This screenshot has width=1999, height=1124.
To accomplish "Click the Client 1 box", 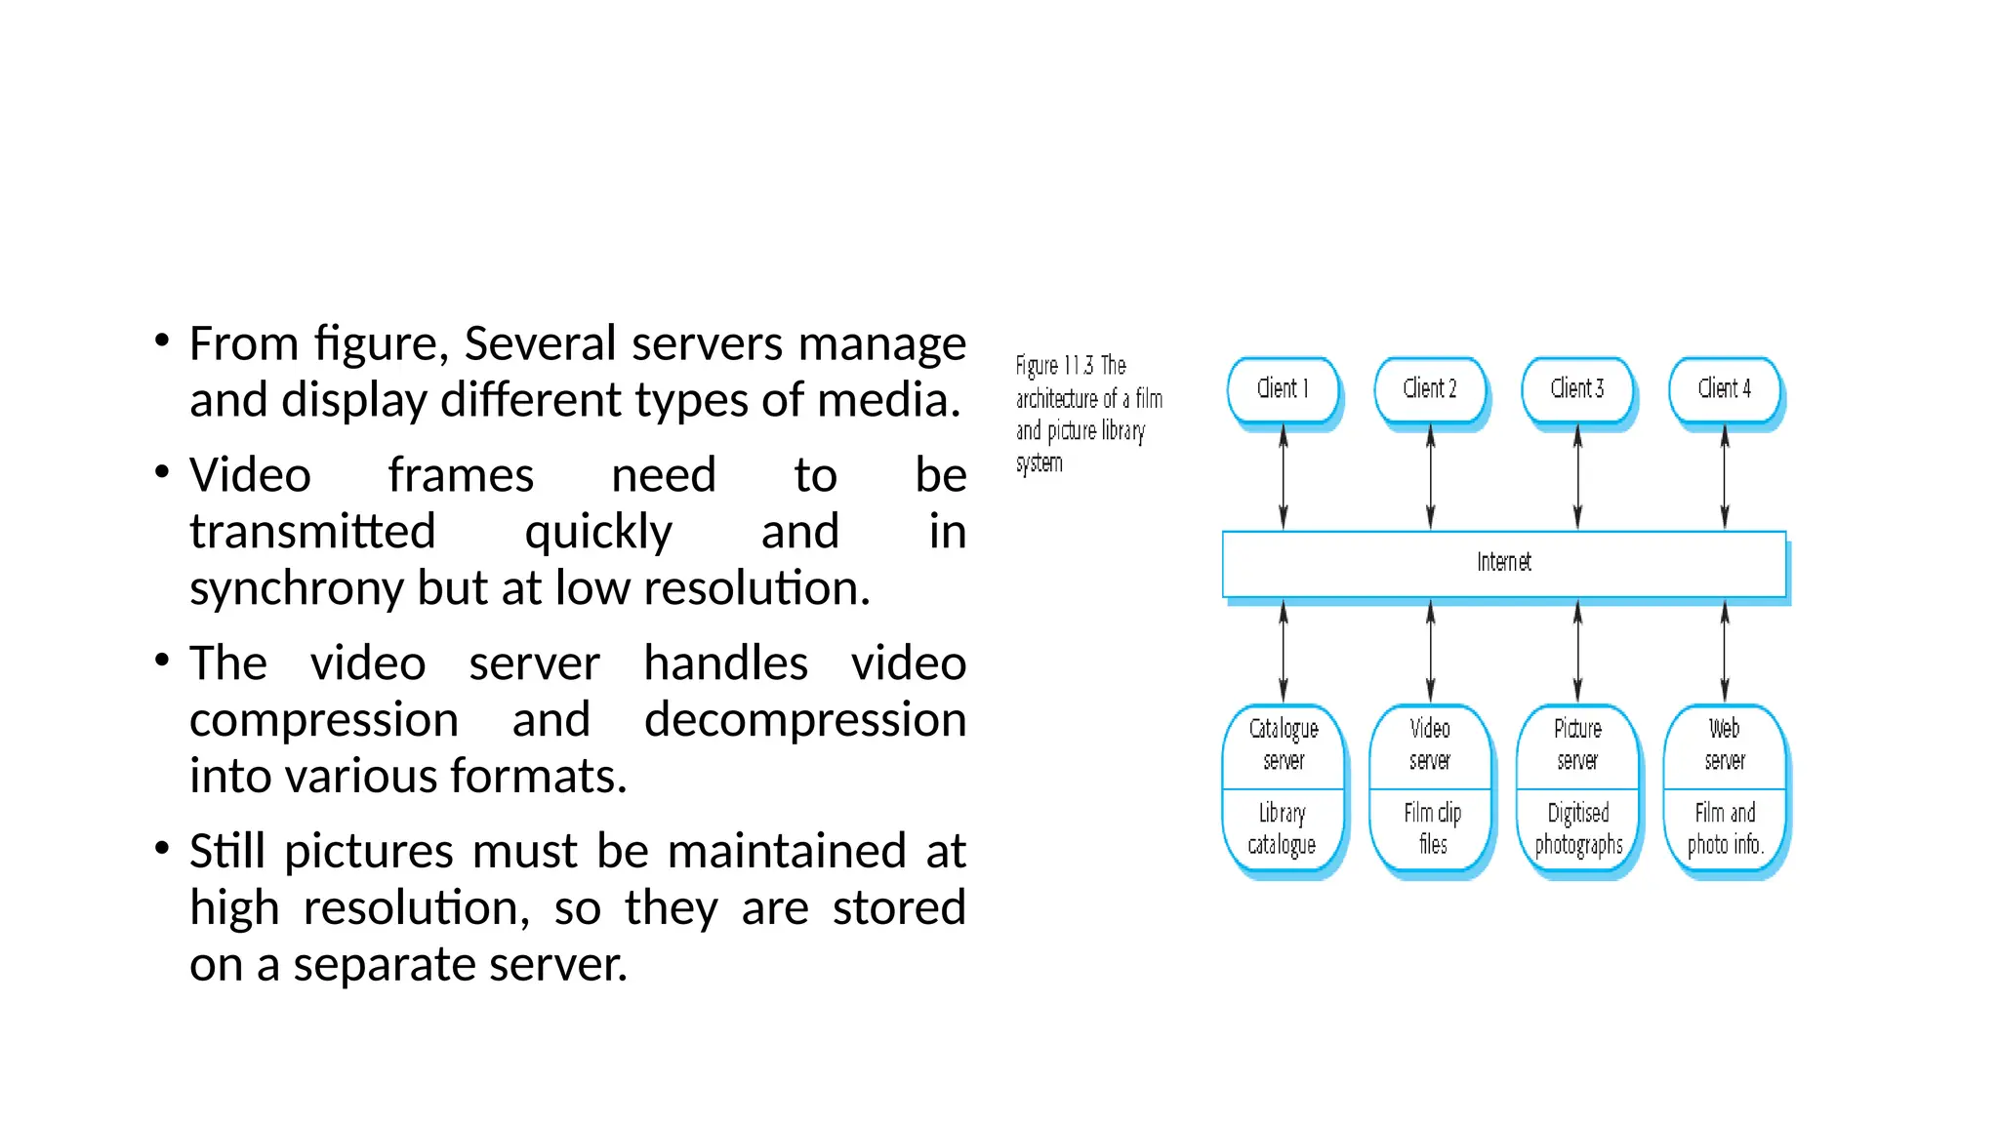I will (x=1283, y=389).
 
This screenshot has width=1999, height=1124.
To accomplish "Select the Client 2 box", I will (x=1430, y=389).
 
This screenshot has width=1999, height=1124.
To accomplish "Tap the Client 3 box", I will (x=1577, y=389).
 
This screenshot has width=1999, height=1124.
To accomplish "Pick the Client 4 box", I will (x=1725, y=389).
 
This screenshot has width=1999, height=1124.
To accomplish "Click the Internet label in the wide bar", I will (x=1503, y=562).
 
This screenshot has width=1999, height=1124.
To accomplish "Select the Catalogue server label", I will (x=1284, y=744).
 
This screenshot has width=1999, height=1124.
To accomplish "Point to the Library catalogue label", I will (x=1282, y=829).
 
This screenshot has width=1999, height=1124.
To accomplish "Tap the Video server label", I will (x=1430, y=744).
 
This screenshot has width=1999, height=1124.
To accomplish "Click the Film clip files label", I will (x=1432, y=829).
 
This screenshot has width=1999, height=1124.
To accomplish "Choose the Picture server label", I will (x=1577, y=744).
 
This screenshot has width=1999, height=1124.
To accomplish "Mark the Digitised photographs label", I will (x=1578, y=829).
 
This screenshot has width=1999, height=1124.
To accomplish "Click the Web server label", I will (x=1725, y=744).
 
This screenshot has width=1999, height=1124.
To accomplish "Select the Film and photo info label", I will (x=1725, y=829).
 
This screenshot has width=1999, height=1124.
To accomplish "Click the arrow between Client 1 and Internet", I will (x=1284, y=478).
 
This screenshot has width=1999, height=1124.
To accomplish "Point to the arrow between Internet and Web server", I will (x=1725, y=651).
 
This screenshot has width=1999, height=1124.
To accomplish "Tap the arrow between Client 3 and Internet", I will (x=1577, y=478).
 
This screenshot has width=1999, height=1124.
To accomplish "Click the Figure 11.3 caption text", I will (x=1087, y=414).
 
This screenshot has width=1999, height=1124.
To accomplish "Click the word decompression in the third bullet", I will (x=804, y=720).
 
